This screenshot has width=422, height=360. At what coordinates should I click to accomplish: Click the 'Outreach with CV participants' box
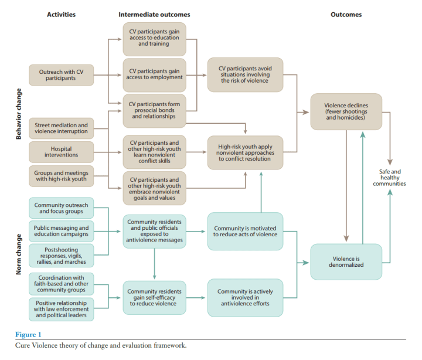[x=62, y=75]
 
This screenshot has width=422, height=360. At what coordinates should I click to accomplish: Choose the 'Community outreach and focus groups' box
[x=62, y=208]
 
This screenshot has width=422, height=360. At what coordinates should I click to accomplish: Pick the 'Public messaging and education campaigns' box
[x=62, y=231]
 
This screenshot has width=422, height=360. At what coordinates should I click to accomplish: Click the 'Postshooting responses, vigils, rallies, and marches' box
[x=62, y=255]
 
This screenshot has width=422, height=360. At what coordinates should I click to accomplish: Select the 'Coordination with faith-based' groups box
[x=62, y=284]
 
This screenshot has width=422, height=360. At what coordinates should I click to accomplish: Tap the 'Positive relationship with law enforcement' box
[x=62, y=308]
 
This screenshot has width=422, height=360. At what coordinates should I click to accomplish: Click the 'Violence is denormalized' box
[x=346, y=261]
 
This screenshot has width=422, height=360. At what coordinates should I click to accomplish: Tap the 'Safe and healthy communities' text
[x=389, y=177]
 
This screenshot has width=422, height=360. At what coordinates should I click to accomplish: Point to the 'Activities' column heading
[x=62, y=14]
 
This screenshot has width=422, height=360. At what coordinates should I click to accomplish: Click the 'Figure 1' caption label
[x=29, y=334]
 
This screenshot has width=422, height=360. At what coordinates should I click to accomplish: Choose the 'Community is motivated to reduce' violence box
[x=245, y=232]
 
